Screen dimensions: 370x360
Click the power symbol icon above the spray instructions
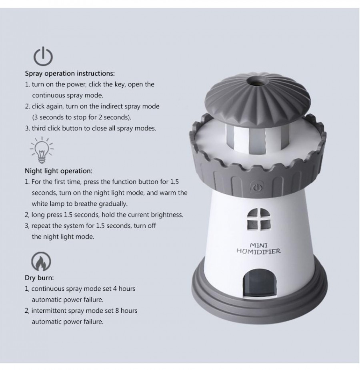tap(43, 56)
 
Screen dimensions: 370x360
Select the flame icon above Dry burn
tap(41, 262)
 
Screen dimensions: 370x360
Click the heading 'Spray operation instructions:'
tap(70, 74)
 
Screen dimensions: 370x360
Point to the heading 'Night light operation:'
tap(59, 171)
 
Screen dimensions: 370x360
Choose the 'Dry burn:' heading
tap(39, 277)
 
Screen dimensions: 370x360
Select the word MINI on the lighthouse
tap(258, 245)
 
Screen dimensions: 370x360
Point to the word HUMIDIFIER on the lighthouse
tap(258, 251)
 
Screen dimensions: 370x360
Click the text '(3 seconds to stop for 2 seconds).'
tap(82, 118)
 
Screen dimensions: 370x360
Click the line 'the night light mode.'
tap(63, 237)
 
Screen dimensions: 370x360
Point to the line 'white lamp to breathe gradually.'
tap(80, 203)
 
